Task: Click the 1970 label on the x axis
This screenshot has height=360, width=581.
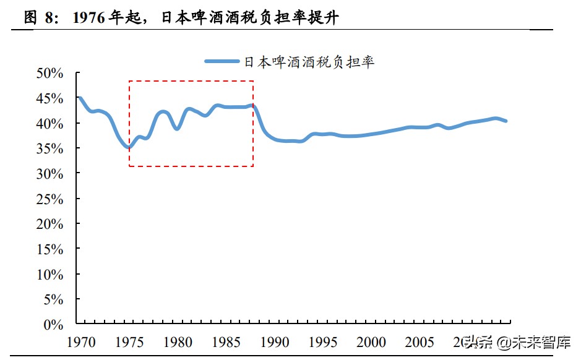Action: tap(81, 341)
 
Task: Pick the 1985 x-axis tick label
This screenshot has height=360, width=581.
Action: tap(226, 341)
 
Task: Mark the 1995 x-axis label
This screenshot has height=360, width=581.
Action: tap(324, 341)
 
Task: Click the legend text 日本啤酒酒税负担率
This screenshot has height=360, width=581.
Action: tap(309, 62)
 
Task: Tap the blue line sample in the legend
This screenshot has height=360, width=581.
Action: tap(222, 61)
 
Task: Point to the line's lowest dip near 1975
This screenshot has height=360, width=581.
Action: tap(129, 147)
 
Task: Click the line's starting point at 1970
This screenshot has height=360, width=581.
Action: tap(80, 98)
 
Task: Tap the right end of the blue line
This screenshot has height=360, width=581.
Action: tap(506, 121)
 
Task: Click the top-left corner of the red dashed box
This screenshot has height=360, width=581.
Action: tap(129, 81)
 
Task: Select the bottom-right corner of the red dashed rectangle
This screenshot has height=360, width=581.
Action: tap(253, 166)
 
